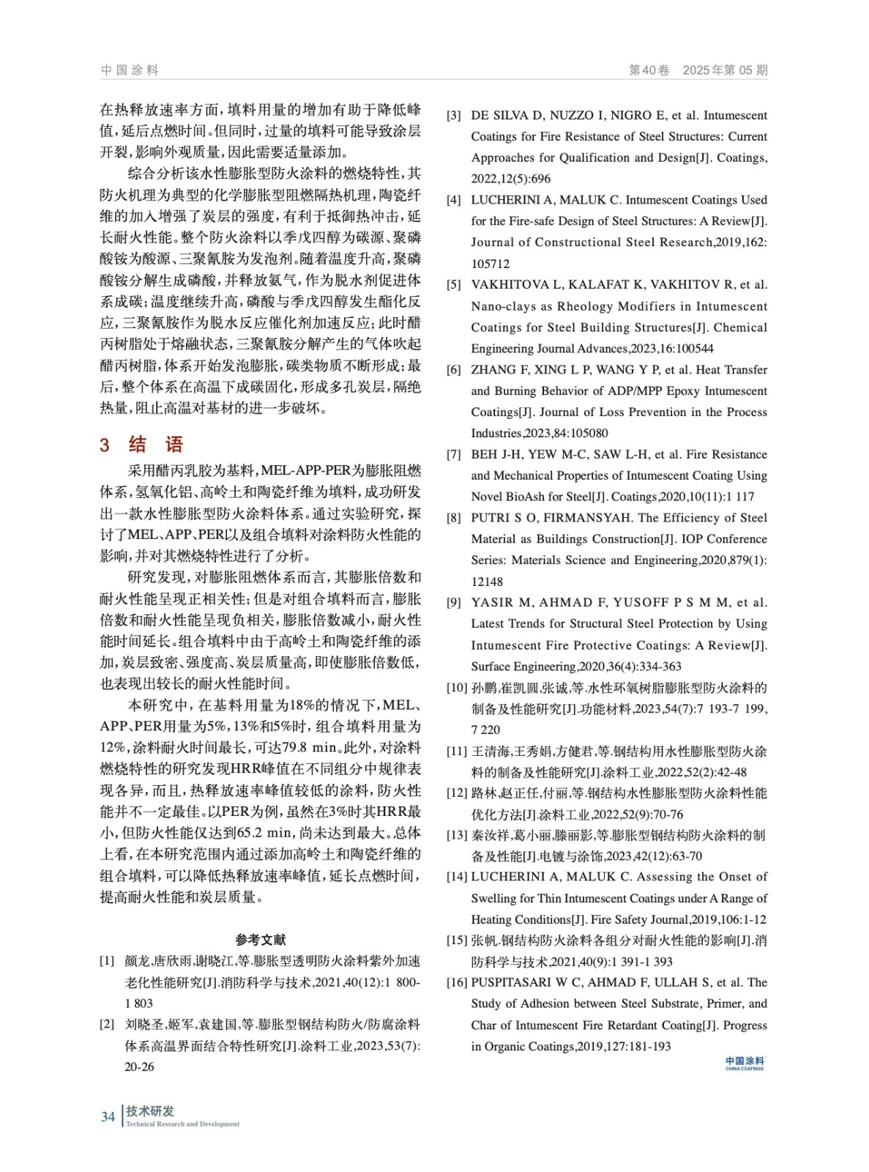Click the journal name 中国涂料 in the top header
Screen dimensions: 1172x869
tap(130, 70)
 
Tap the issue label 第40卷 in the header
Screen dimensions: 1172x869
tap(649, 70)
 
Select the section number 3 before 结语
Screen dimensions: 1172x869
tap(105, 445)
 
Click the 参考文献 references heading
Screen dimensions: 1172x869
tap(261, 940)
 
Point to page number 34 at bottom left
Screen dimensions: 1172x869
tap(108, 1117)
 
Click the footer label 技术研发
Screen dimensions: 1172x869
tap(150, 1111)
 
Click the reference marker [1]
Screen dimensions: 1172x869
tap(107, 961)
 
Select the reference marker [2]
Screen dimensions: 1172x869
tap(107, 1025)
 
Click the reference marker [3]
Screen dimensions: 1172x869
tap(454, 116)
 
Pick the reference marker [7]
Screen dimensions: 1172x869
tap(454, 455)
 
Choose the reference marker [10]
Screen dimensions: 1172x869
tap(457, 688)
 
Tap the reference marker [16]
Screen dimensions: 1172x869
tap(457, 983)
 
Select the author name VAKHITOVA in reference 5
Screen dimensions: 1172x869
tap(510, 285)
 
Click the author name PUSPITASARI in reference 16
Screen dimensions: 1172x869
tap(515, 983)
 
